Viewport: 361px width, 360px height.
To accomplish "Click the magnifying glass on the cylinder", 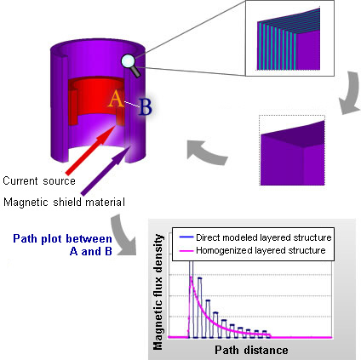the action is [130, 66].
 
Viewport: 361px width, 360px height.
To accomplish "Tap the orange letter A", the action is [116, 99].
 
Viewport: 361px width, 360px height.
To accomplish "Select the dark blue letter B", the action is [146, 107].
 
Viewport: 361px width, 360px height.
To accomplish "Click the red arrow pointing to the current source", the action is [90, 151].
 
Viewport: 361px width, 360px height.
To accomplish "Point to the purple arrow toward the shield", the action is [106, 171].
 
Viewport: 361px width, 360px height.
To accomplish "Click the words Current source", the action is [39, 181].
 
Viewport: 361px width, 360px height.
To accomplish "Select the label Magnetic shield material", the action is [64, 203].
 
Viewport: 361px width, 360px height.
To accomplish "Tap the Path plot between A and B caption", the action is [62, 245].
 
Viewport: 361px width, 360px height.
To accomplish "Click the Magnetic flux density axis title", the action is [158, 292].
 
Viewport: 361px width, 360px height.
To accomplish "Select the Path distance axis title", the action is [251, 350].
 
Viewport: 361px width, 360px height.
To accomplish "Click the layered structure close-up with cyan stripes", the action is [289, 39].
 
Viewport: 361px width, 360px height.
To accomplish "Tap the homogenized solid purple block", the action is [292, 153].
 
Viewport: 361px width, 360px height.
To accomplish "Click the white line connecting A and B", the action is [131, 104].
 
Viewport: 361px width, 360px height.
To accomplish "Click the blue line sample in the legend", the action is [186, 237].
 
